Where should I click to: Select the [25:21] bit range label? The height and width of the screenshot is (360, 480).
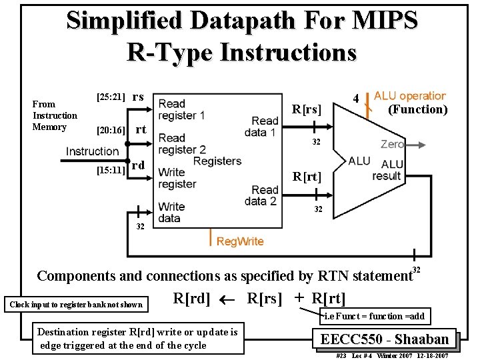point(111,97)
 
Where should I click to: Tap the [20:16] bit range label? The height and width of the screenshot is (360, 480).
point(111,130)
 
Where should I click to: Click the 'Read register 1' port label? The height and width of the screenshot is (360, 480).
point(181,109)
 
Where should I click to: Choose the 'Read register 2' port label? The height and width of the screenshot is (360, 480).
point(182,144)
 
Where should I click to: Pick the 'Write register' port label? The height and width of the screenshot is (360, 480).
point(177,178)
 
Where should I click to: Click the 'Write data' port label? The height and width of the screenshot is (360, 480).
point(171,212)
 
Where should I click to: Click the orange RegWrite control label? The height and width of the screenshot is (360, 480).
point(240,241)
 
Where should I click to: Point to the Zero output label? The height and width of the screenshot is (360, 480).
point(392,144)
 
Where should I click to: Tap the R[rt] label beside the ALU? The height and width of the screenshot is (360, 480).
point(307,177)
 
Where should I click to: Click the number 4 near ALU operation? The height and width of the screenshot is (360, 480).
point(356,99)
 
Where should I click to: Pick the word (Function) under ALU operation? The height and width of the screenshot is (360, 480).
point(417,109)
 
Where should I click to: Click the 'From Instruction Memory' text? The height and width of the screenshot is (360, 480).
point(55,115)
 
